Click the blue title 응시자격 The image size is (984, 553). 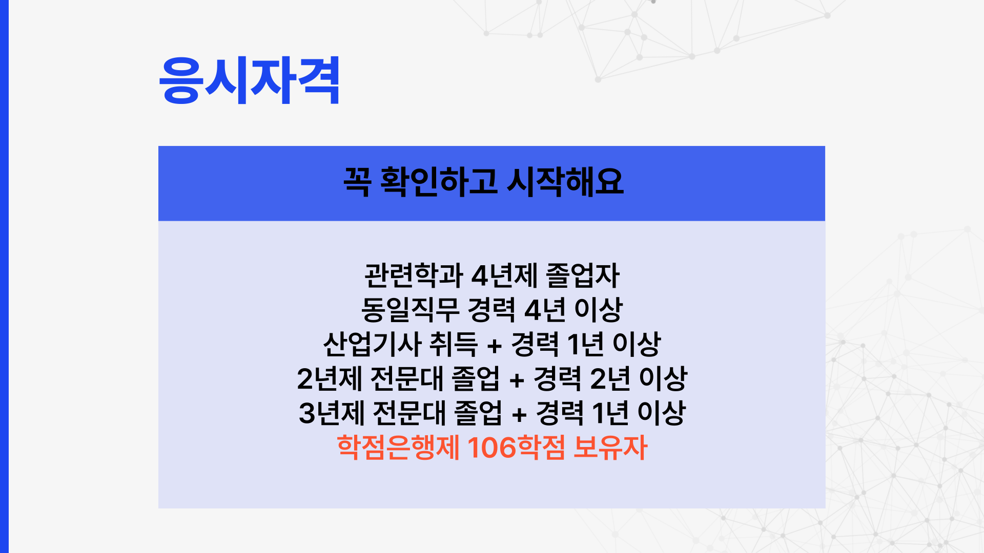249,80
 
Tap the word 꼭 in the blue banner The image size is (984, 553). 357,181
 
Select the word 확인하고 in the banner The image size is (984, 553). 439,181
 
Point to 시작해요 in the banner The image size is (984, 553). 565,181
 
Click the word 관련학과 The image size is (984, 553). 414,275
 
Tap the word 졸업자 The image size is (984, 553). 583,275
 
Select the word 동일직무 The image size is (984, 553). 411,310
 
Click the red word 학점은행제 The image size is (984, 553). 398,448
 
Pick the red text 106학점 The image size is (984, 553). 516,448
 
